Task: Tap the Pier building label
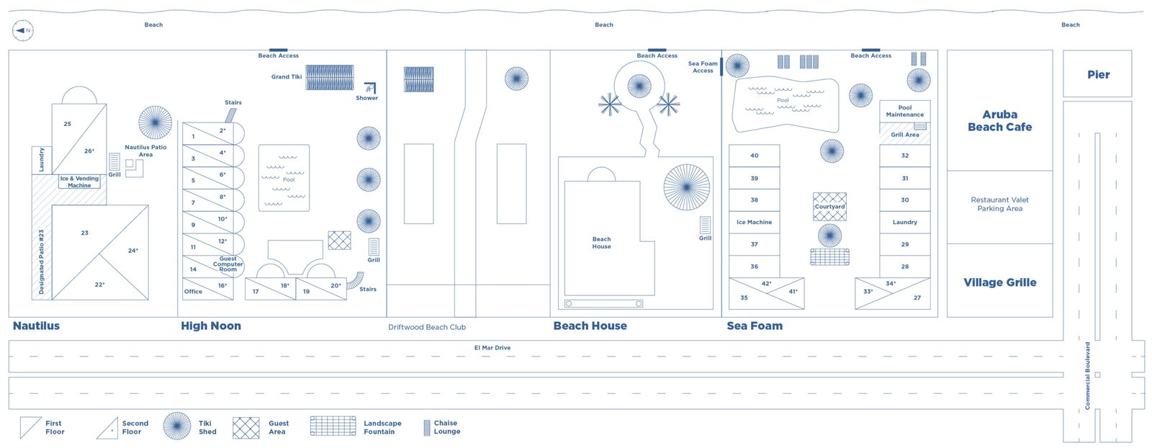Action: click(x=1098, y=75)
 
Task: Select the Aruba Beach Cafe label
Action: click(x=999, y=121)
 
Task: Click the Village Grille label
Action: click(x=999, y=282)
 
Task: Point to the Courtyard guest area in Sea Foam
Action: click(x=829, y=207)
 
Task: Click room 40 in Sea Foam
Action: click(x=754, y=156)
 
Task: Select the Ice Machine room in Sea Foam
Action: click(x=754, y=223)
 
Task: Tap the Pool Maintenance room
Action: click(x=904, y=111)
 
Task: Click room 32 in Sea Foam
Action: click(x=904, y=156)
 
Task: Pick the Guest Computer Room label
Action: click(x=228, y=264)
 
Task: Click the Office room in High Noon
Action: click(x=193, y=292)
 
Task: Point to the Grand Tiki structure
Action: click(x=329, y=77)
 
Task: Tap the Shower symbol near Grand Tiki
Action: click(x=369, y=88)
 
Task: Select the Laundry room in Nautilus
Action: click(x=41, y=160)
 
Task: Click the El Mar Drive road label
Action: click(x=492, y=348)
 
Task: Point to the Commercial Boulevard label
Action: click(x=1087, y=375)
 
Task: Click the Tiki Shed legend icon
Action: click(x=177, y=426)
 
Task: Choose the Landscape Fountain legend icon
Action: click(x=333, y=426)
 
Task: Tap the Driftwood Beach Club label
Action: click(x=427, y=327)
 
